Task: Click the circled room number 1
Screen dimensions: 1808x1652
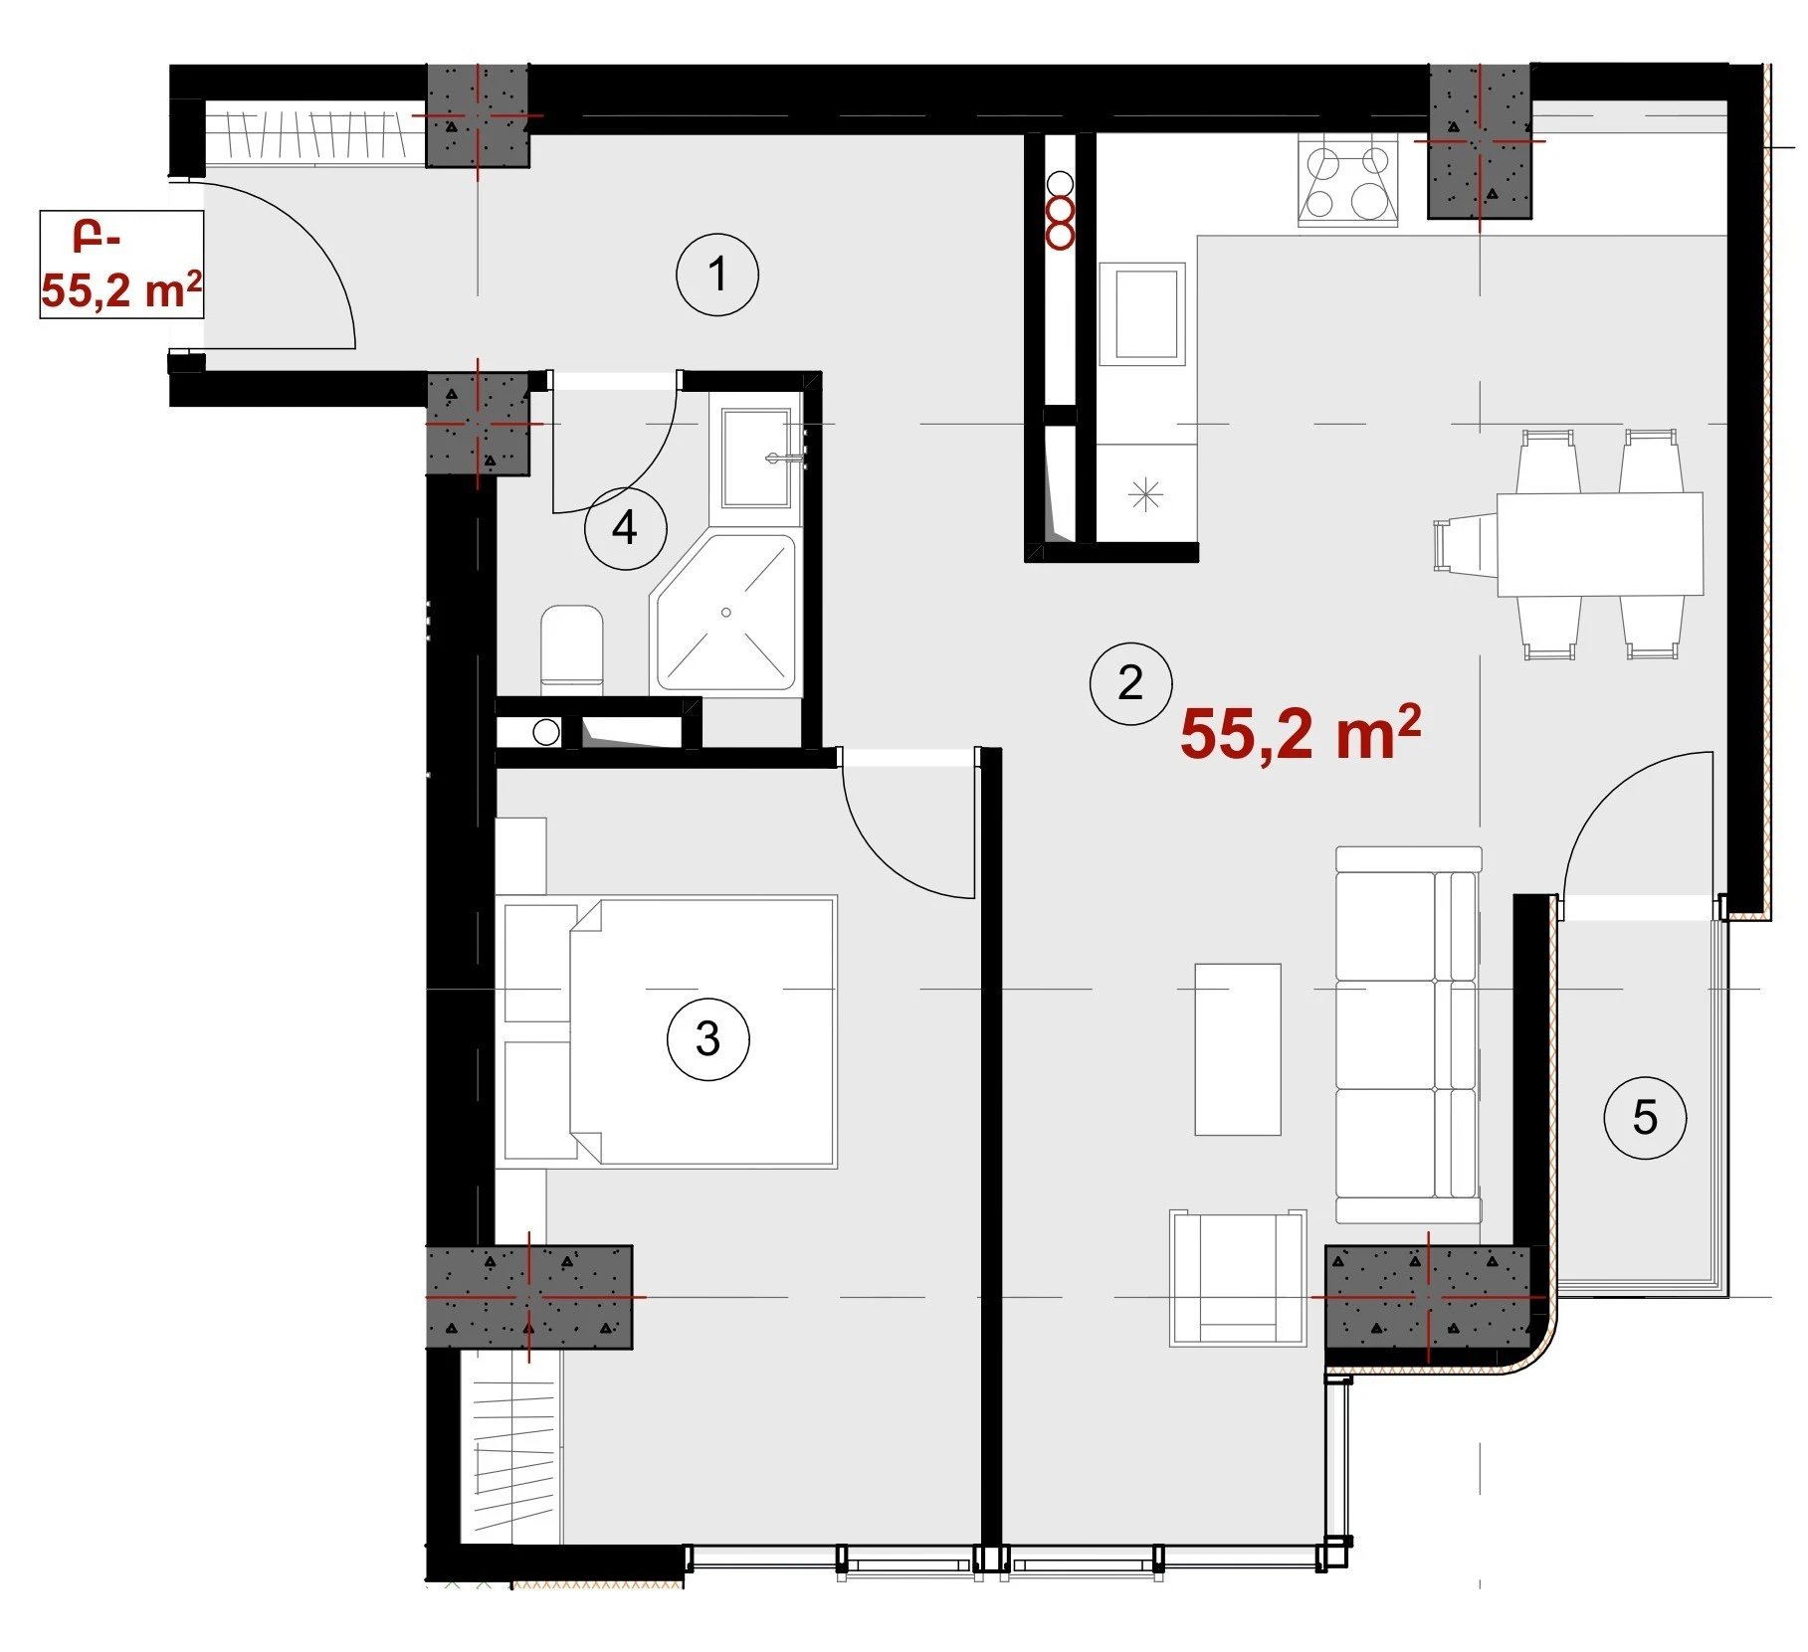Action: pyautogui.click(x=716, y=275)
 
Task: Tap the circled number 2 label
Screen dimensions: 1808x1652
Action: pyautogui.click(x=1130, y=682)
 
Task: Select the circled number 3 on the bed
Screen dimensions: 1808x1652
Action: pyautogui.click(x=707, y=1038)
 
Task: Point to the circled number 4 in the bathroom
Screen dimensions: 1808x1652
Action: pyautogui.click(x=625, y=527)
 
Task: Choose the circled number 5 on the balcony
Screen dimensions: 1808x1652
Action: pyautogui.click(x=1645, y=1117)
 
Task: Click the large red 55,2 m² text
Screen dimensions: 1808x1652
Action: pyautogui.click(x=1301, y=733)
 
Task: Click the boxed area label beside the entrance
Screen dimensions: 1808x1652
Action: pyautogui.click(x=121, y=265)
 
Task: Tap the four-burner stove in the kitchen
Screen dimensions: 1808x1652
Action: pyautogui.click(x=1348, y=183)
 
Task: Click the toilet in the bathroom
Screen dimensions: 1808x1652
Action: pyautogui.click(x=571, y=649)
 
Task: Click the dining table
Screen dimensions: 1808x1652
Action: pyautogui.click(x=1599, y=544)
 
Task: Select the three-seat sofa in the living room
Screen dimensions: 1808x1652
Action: pyautogui.click(x=1408, y=1034)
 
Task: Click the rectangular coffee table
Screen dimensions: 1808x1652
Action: pyautogui.click(x=1238, y=1048)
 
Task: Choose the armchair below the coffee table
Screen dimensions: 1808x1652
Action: pyautogui.click(x=1238, y=1277)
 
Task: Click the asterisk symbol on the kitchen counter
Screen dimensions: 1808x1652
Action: pyautogui.click(x=1146, y=494)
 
